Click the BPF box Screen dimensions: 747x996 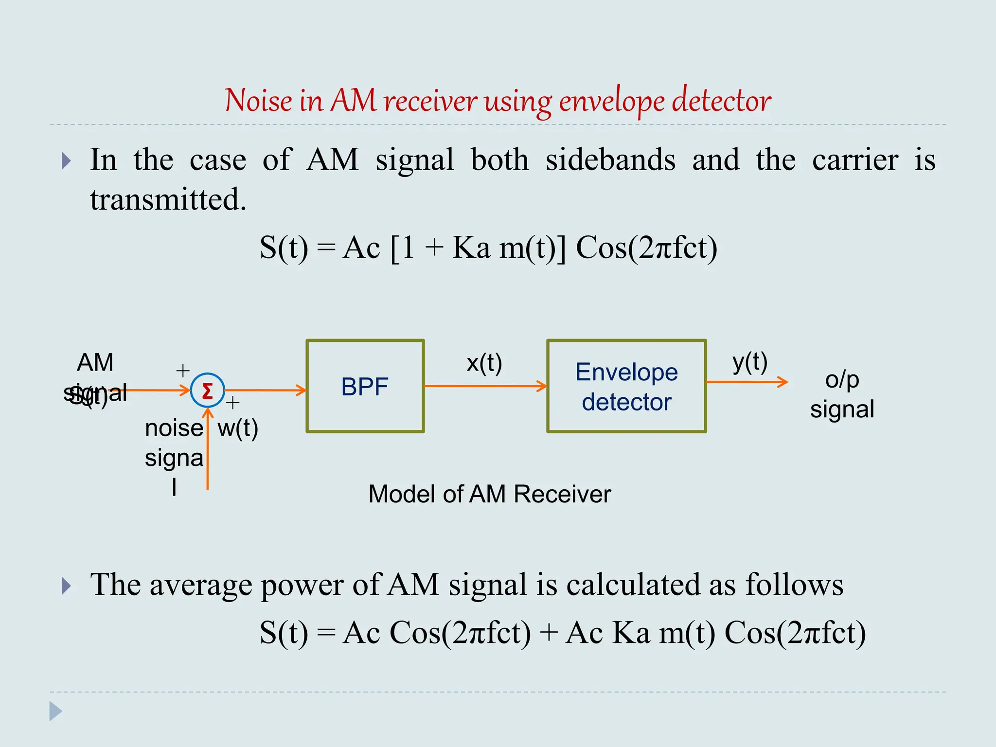tap(365, 386)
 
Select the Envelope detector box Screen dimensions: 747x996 tap(626, 386)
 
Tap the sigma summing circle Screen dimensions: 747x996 tap(207, 391)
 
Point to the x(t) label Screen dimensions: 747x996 tap(484, 363)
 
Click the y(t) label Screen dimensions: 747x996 tap(749, 362)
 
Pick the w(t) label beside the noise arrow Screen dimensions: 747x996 tap(238, 428)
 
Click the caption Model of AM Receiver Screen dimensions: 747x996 tap(489, 494)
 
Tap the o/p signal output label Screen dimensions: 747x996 tap(842, 394)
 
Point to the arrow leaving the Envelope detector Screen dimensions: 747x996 tap(747, 382)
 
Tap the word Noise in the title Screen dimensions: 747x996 tap(258, 101)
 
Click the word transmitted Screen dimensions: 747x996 tap(168, 199)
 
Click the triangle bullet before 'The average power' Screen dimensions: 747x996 tap(67, 586)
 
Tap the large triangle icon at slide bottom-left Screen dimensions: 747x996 tap(55, 711)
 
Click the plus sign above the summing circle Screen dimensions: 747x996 tap(183, 371)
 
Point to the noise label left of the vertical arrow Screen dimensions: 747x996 tap(174, 428)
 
